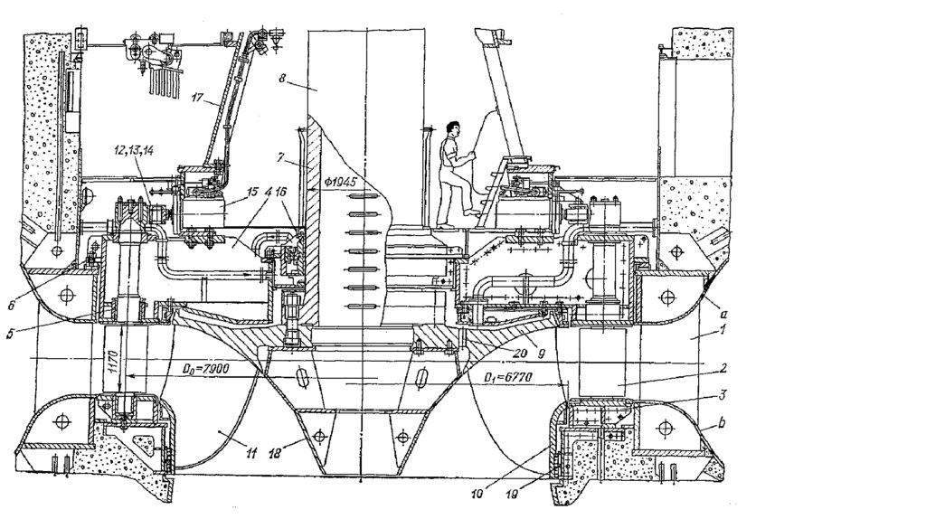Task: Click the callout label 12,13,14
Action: (134, 149)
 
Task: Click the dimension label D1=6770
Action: (511, 375)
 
